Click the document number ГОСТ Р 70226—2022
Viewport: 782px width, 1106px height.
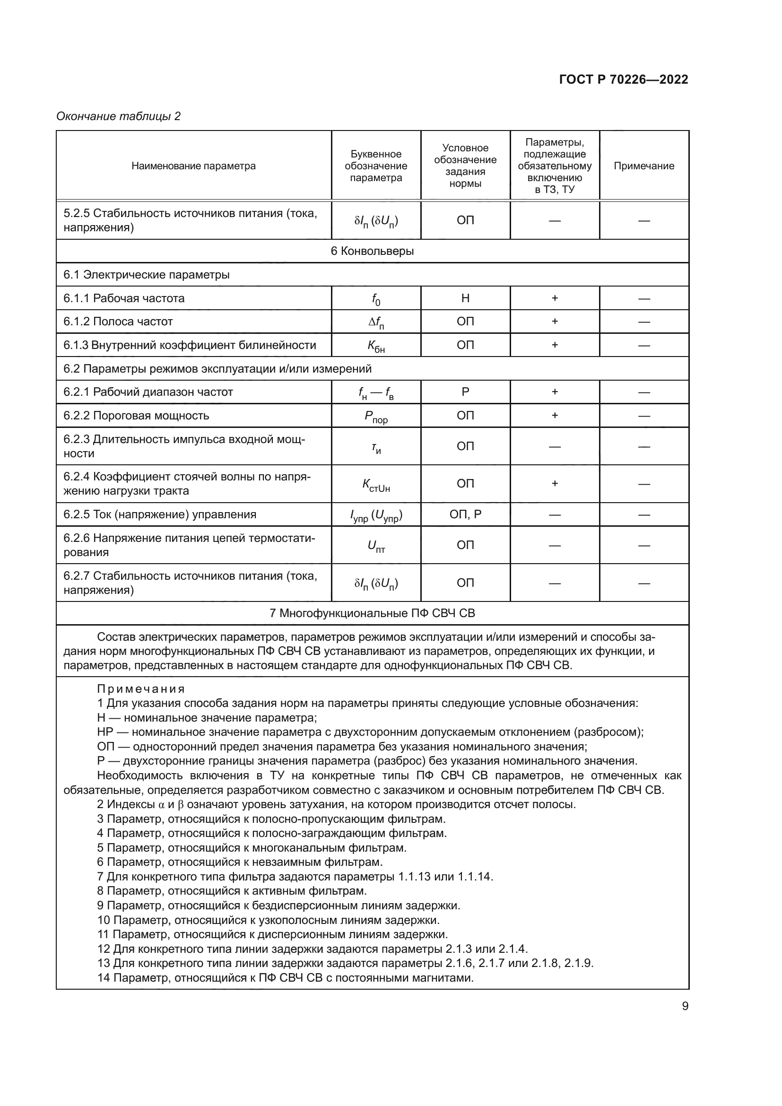(623, 79)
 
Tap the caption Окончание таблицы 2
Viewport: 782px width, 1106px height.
(119, 116)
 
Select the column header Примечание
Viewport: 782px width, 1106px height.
(644, 165)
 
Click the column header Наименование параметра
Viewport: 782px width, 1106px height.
(193, 165)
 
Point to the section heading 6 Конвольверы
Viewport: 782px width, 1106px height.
(372, 251)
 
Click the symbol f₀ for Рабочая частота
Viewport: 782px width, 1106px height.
(376, 299)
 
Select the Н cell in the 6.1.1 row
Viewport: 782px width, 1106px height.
(465, 298)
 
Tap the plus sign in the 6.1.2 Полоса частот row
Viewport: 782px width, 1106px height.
(555, 321)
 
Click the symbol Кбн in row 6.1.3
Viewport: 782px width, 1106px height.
(376, 346)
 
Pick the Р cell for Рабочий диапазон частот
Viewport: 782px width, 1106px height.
(465, 392)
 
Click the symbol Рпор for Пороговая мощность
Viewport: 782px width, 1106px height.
(376, 416)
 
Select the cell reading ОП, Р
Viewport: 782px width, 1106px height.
(465, 514)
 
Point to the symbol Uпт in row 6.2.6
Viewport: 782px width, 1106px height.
(376, 546)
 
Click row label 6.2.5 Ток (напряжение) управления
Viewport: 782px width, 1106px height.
(160, 514)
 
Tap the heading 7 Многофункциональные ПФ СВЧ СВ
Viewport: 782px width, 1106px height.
(372, 613)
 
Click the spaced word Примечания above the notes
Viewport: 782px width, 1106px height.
(141, 688)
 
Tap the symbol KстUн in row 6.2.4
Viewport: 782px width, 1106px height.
(376, 485)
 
